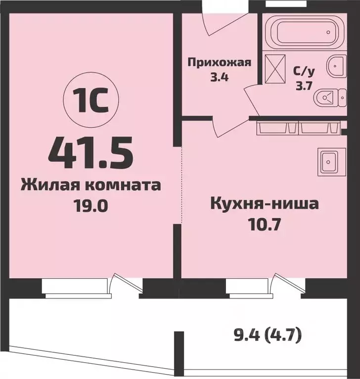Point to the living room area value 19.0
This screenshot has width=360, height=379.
90,205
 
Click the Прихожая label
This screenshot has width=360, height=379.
220,62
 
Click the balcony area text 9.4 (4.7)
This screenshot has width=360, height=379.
268,337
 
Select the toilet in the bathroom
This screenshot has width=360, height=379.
329,98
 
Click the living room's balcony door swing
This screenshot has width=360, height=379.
121,286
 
